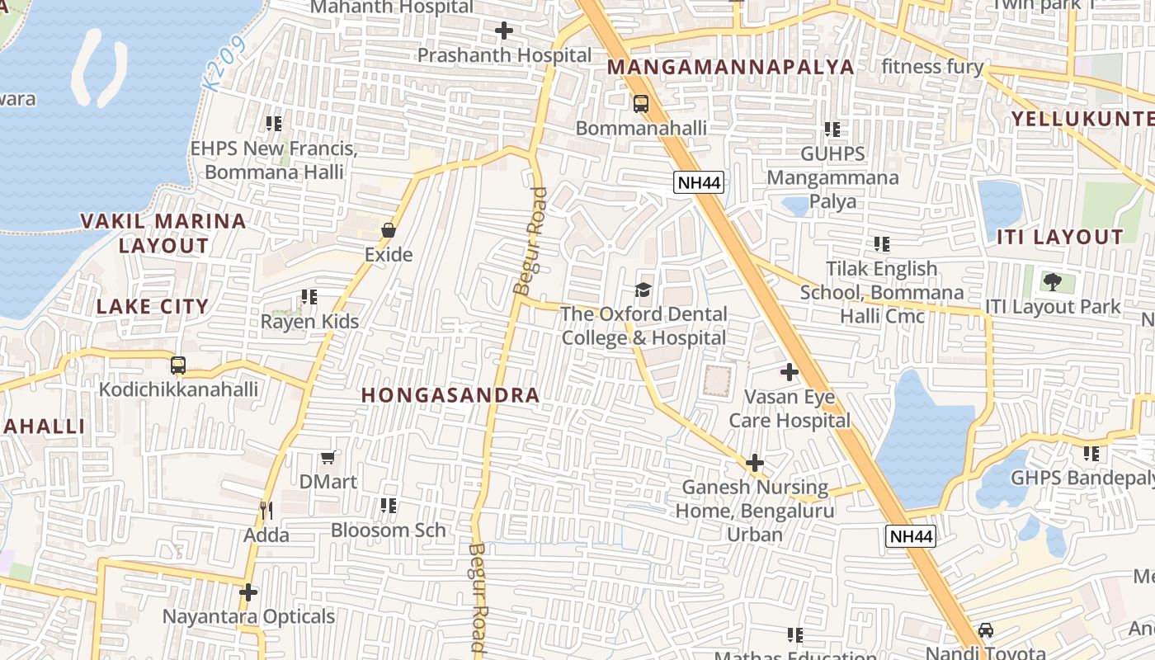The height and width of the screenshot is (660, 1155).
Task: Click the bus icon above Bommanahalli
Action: pyautogui.click(x=641, y=104)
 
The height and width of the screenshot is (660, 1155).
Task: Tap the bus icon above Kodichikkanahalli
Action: pyautogui.click(x=177, y=365)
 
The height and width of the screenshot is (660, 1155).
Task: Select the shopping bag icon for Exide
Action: pyautogui.click(x=389, y=230)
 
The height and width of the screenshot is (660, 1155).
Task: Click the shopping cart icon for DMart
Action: pyautogui.click(x=328, y=457)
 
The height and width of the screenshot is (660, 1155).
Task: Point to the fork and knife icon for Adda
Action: pyautogui.click(x=266, y=511)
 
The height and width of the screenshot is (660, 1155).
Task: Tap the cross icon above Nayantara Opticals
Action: pyautogui.click(x=248, y=592)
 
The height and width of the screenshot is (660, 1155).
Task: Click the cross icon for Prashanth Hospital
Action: pyautogui.click(x=504, y=31)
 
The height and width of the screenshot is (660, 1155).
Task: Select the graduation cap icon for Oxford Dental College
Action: pyautogui.click(x=643, y=290)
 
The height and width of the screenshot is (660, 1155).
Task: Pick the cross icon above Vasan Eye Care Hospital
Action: pyautogui.click(x=790, y=372)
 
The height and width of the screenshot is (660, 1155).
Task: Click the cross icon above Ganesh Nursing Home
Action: pyautogui.click(x=754, y=463)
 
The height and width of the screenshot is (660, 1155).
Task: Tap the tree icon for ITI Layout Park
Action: pyautogui.click(x=1052, y=282)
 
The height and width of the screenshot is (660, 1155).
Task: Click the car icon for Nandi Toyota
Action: pyautogui.click(x=985, y=630)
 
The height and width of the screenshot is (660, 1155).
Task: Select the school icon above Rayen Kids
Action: pyautogui.click(x=309, y=297)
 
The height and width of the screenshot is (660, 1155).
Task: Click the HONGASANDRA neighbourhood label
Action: pyautogui.click(x=450, y=395)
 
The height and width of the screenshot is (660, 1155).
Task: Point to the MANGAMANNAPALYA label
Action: pyautogui.click(x=730, y=67)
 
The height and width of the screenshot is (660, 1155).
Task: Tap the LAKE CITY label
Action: pyautogui.click(x=153, y=306)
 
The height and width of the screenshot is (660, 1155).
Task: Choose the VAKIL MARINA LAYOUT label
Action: pyautogui.click(x=163, y=233)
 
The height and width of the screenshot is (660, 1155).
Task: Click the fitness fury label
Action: pyautogui.click(x=932, y=67)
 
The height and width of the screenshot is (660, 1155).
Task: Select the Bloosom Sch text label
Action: pyautogui.click(x=388, y=530)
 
